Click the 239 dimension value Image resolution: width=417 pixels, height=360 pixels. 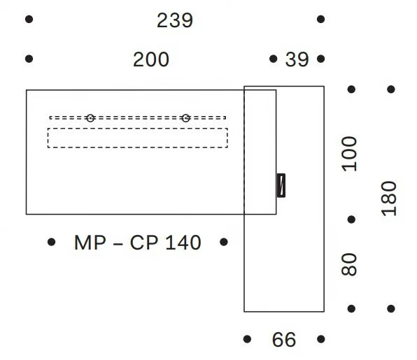[175, 20]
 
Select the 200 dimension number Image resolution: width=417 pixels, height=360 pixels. [151, 59]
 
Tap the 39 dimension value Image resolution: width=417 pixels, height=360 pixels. [297, 59]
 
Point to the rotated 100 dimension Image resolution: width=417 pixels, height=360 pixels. [349, 154]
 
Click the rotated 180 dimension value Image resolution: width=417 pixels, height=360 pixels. [389, 199]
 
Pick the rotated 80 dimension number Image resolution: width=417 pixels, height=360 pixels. [349, 264]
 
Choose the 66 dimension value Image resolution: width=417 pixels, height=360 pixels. [284, 340]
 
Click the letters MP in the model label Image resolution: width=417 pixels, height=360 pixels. [90, 243]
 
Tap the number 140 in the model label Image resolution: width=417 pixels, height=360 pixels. [183, 243]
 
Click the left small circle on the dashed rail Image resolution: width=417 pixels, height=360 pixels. [90, 118]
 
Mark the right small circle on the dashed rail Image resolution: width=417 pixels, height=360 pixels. [185, 118]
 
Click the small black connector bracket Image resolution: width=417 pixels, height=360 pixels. [281, 185]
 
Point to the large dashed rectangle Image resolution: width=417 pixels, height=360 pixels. [138, 138]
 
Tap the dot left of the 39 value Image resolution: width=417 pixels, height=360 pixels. [273, 59]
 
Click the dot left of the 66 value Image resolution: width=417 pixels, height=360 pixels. [247, 339]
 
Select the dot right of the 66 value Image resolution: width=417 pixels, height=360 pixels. [321, 339]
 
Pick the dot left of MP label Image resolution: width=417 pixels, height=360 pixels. [51, 242]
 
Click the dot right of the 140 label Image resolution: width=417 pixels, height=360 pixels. [224, 242]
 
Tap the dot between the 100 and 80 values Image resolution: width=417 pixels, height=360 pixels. [351, 219]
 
